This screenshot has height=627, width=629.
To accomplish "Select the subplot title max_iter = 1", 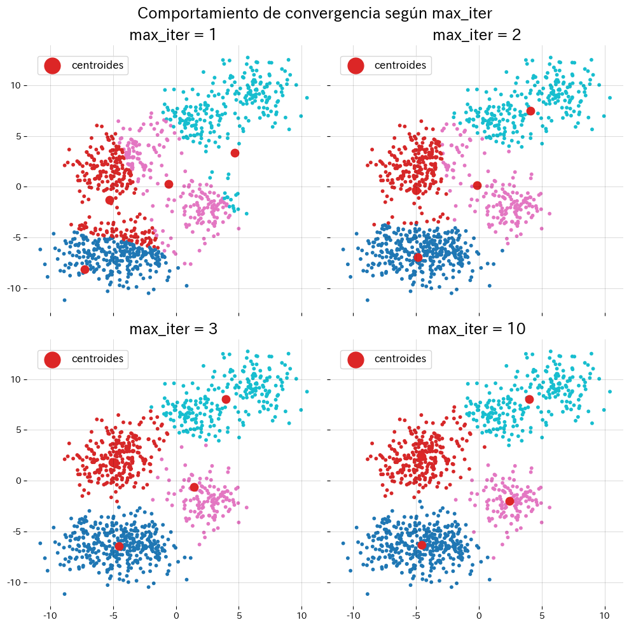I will [172, 35].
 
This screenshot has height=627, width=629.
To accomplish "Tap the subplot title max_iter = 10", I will [476, 329].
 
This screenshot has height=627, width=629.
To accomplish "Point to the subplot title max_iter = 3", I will [172, 329].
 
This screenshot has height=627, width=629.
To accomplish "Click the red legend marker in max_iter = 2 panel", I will [356, 65].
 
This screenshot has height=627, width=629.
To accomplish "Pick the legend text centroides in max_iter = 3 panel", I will [97, 359].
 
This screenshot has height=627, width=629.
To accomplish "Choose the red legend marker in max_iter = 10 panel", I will [356, 359].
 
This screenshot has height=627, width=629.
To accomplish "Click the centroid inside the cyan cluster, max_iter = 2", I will [530, 111].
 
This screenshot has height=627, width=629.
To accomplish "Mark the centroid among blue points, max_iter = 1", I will [85, 269].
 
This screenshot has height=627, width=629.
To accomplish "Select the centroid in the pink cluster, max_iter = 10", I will [509, 501].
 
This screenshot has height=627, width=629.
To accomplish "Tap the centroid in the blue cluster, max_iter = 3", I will [119, 546].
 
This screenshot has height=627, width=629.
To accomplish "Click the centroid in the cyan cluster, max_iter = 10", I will [529, 399].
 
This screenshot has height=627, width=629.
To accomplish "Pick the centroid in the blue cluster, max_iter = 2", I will [418, 258].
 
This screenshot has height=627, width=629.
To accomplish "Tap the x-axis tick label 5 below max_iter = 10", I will [542, 616].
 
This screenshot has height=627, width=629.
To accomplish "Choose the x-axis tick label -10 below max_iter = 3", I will [50, 616].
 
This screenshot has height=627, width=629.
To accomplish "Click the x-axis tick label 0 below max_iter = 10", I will [479, 616].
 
